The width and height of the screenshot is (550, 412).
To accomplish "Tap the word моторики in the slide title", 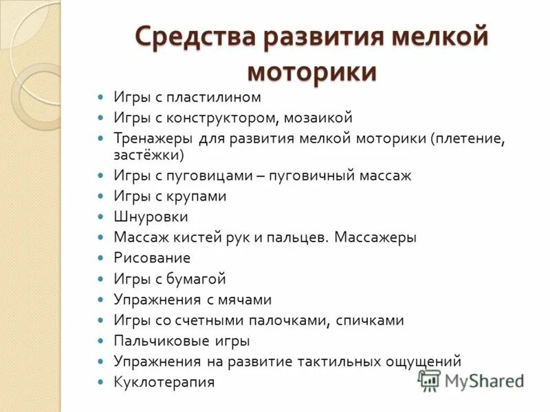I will (x=311, y=71).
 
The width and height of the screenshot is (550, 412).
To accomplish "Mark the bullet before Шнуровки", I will (x=100, y=217).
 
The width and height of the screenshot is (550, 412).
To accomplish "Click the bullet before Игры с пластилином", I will (x=100, y=98).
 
